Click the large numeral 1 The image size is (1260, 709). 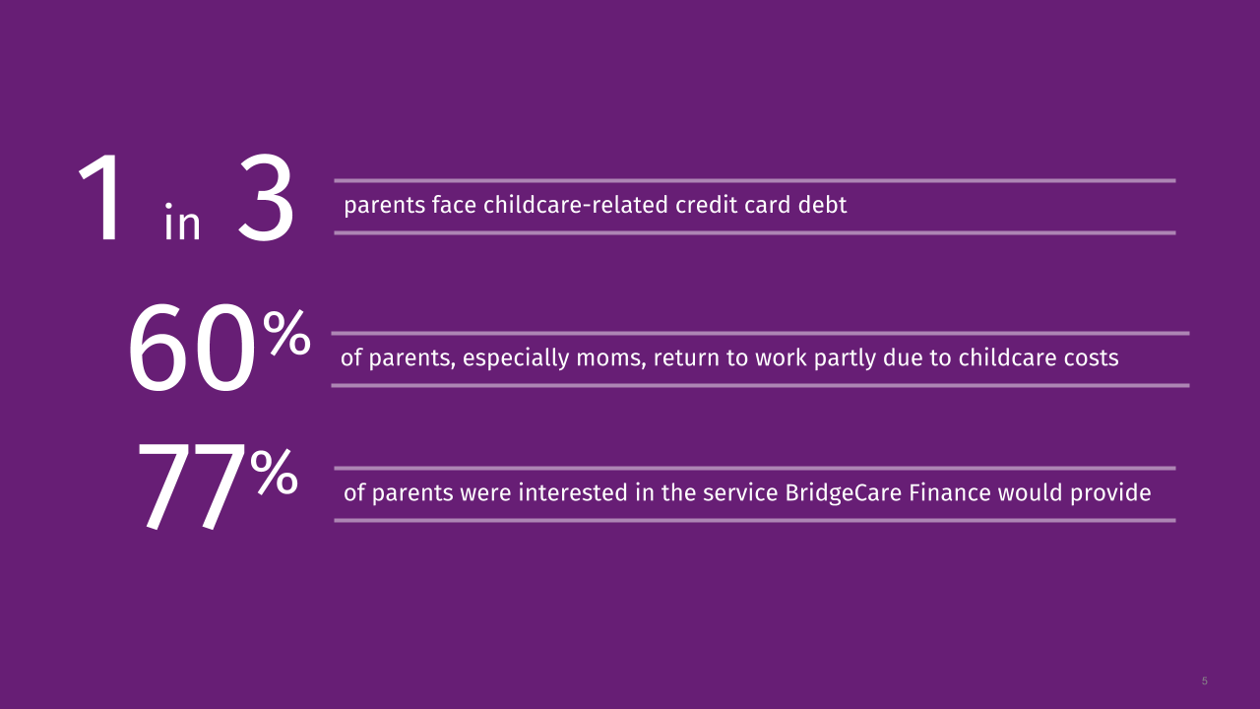100,198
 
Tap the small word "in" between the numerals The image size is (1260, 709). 182,222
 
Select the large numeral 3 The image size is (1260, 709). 266,198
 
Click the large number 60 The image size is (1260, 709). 192,348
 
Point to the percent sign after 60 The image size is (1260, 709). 286,333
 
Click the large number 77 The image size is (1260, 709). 191,485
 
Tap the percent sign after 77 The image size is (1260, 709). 274,472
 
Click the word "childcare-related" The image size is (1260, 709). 576,205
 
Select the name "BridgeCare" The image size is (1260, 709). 844,493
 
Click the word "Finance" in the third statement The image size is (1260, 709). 950,493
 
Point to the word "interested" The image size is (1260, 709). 573,493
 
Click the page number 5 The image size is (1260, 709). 1204,680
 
